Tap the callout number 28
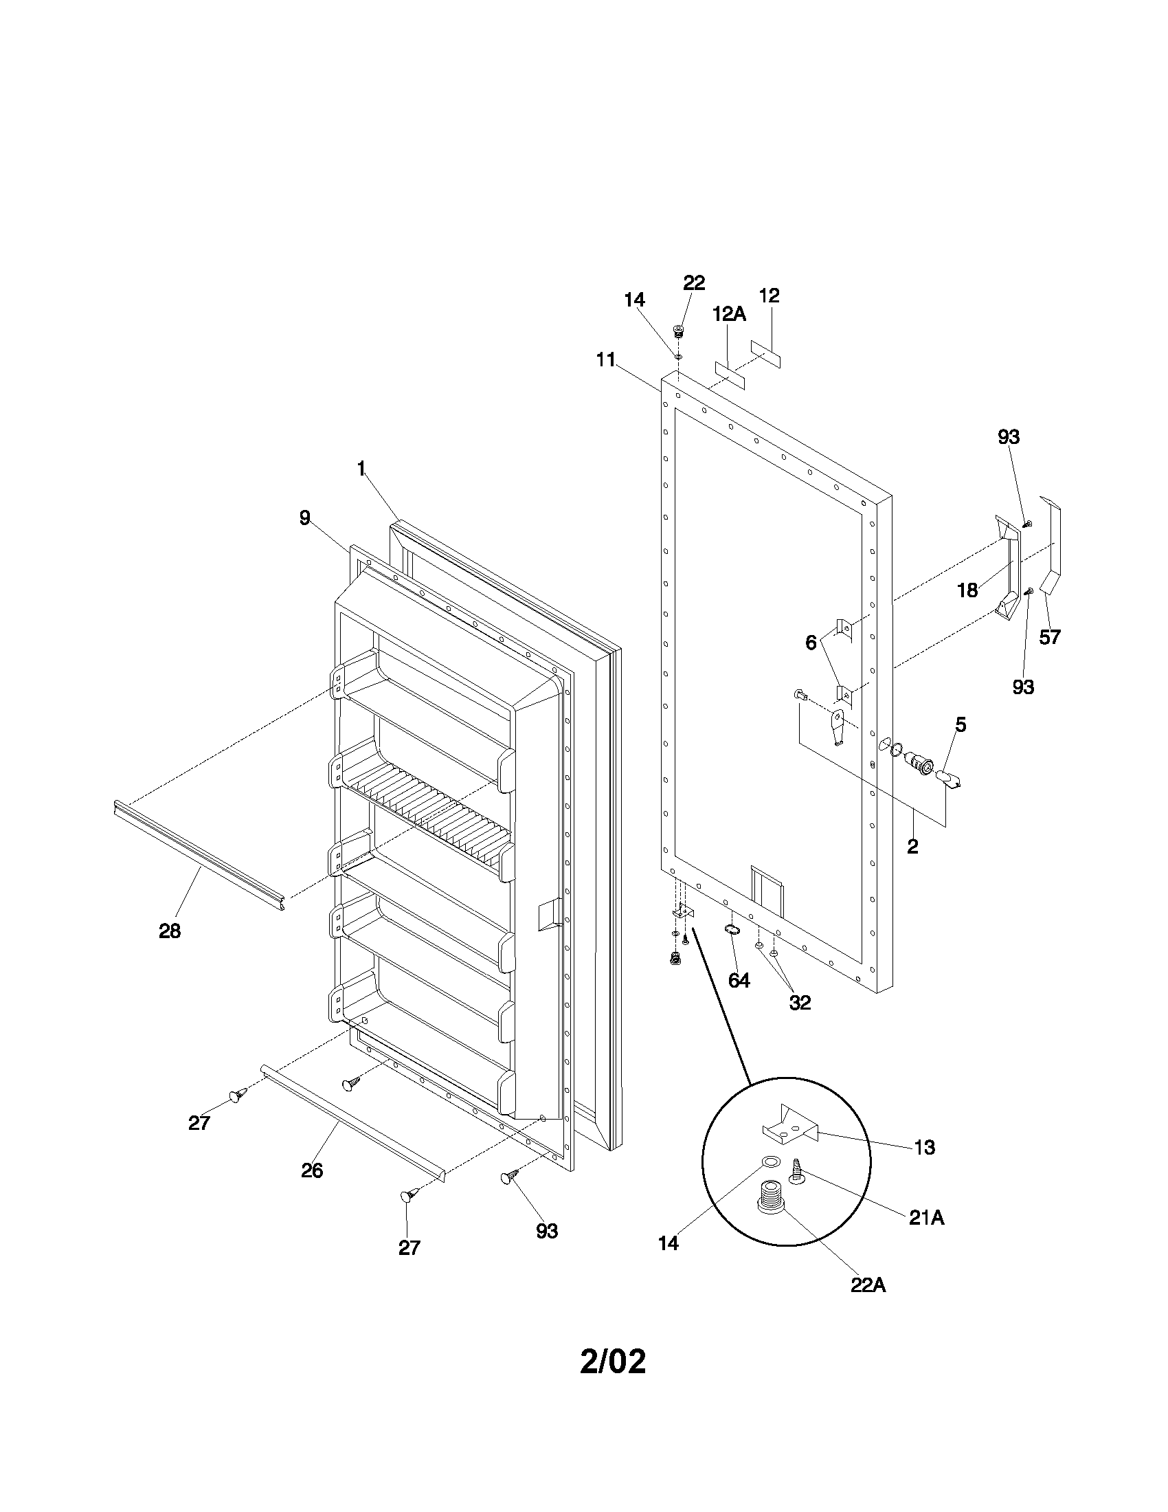(x=170, y=931)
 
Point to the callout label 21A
(x=927, y=1218)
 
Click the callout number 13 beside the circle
(x=924, y=1147)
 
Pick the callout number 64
(x=739, y=980)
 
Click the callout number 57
(x=1049, y=636)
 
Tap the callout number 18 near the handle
(x=967, y=590)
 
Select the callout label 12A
(x=729, y=313)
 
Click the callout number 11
(x=606, y=360)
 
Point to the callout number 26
(x=312, y=1170)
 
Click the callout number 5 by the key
(x=961, y=725)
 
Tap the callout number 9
(x=305, y=518)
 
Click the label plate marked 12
(x=765, y=354)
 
